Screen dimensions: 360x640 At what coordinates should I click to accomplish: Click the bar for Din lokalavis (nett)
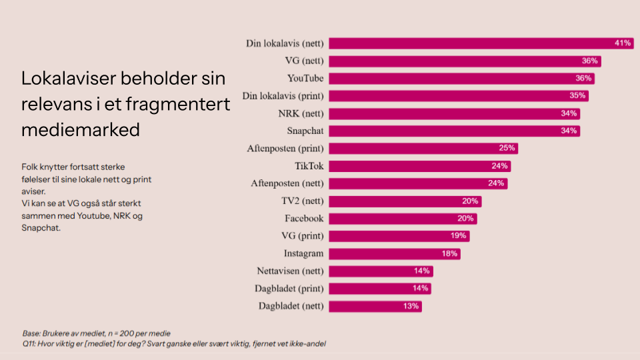480,43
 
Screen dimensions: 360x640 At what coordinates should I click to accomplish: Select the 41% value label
623,43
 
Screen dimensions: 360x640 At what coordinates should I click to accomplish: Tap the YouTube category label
305,79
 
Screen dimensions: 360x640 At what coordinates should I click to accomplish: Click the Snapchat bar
453,131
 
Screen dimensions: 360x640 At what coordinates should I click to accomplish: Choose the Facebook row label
304,219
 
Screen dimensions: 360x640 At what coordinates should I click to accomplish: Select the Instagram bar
394,253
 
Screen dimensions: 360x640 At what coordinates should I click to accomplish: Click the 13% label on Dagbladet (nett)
411,306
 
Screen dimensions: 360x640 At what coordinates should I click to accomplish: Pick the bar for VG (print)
399,236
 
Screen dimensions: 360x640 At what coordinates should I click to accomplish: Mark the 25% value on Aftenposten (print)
507,148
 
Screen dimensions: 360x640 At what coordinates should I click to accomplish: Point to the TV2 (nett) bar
405,201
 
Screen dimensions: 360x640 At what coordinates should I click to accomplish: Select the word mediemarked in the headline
81,129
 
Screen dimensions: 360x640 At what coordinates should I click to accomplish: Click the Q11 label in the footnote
29,344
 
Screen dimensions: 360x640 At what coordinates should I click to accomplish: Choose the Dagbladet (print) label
290,289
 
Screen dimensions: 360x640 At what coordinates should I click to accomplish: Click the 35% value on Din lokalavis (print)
577,95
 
